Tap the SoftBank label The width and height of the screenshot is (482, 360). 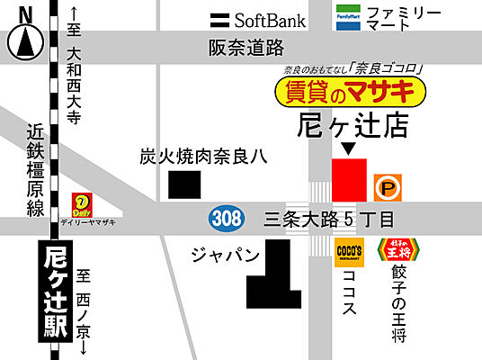(x=258, y=19)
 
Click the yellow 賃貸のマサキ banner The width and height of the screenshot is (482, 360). (x=348, y=91)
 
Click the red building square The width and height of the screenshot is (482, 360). (x=349, y=179)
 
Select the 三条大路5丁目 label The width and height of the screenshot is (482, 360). (x=329, y=218)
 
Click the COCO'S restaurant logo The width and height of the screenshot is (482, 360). (x=348, y=251)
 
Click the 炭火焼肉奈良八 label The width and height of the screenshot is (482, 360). (x=202, y=157)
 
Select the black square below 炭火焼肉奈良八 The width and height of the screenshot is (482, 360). (x=184, y=184)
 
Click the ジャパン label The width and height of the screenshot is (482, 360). (x=225, y=254)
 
